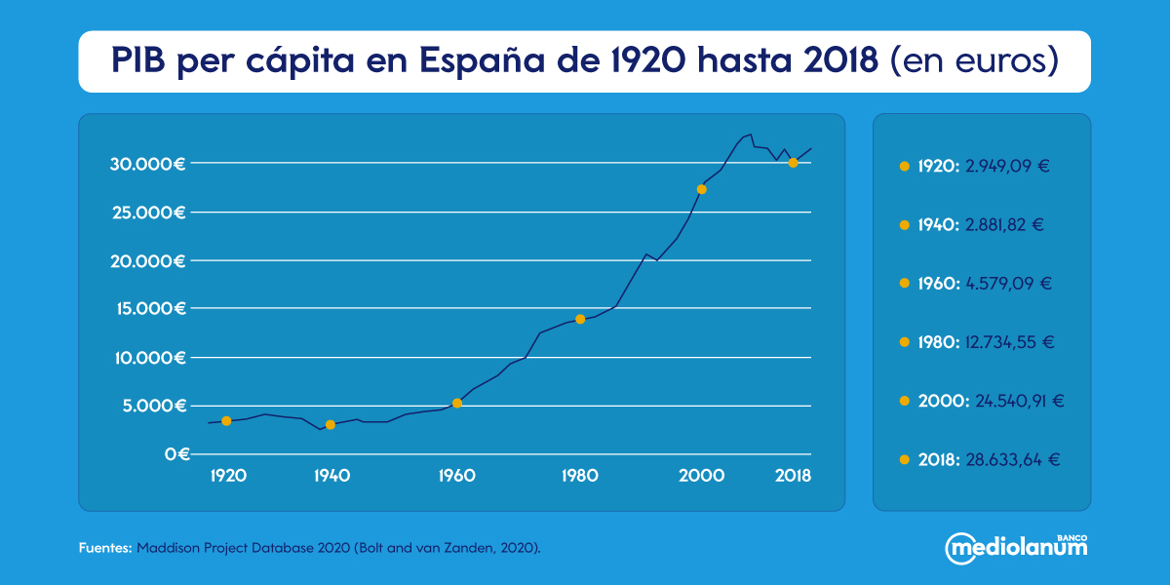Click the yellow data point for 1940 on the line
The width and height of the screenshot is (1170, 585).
pos(331,424)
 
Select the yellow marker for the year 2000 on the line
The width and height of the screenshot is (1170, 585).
pos(701,189)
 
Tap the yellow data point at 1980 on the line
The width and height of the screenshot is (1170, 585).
pos(580,319)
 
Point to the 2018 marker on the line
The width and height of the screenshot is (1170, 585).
pos(793,163)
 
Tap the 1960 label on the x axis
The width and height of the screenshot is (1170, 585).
pos(456,476)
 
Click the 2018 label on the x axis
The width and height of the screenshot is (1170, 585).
pos(794,476)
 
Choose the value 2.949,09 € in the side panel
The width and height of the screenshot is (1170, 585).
pos(1007,167)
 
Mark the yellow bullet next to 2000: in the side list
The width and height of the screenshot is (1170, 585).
pos(905,401)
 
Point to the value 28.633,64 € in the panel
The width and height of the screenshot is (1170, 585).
pos(1013,459)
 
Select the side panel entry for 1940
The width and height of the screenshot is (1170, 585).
pos(981,225)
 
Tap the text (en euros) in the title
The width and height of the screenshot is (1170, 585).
pos(975,60)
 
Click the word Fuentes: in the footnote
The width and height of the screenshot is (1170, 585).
pos(104,549)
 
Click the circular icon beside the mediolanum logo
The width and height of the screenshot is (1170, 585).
pos(958,548)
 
